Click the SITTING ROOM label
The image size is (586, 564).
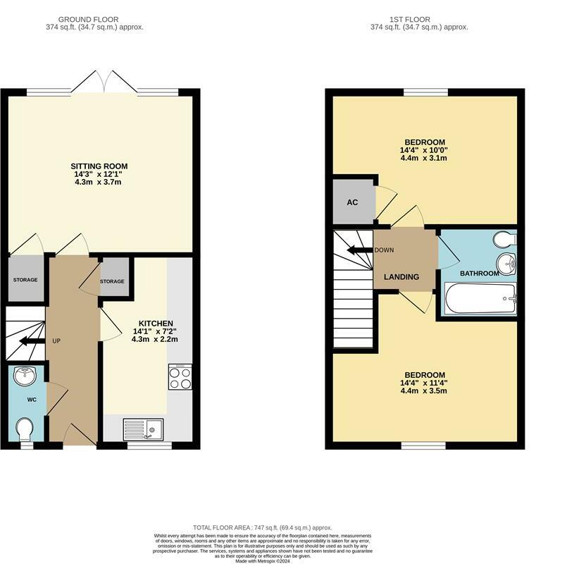pyautogui.click(x=99, y=166)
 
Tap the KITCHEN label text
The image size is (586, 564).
pyautogui.click(x=156, y=324)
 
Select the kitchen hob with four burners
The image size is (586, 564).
pyautogui.click(x=180, y=377)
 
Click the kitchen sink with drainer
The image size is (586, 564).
pyautogui.click(x=143, y=429)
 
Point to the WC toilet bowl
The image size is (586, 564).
pyautogui.click(x=25, y=429)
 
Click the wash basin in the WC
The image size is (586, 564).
pyautogui.click(x=25, y=376)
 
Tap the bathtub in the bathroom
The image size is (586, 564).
pyautogui.click(x=481, y=299)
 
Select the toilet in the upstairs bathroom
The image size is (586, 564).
pyautogui.click(x=505, y=240)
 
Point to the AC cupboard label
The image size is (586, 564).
pyautogui.click(x=352, y=202)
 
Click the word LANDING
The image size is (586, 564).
pyautogui.click(x=401, y=277)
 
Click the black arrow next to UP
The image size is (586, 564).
pyautogui.click(x=32, y=341)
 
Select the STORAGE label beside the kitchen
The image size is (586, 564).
pyautogui.click(x=112, y=281)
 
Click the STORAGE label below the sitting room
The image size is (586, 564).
pyautogui.click(x=25, y=280)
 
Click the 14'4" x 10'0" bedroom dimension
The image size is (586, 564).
pyautogui.click(x=424, y=150)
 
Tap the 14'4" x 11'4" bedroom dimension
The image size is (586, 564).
pyautogui.click(x=424, y=383)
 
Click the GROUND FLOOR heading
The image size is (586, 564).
pyautogui.click(x=89, y=20)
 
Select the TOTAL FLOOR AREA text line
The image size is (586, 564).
pyautogui.click(x=262, y=528)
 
